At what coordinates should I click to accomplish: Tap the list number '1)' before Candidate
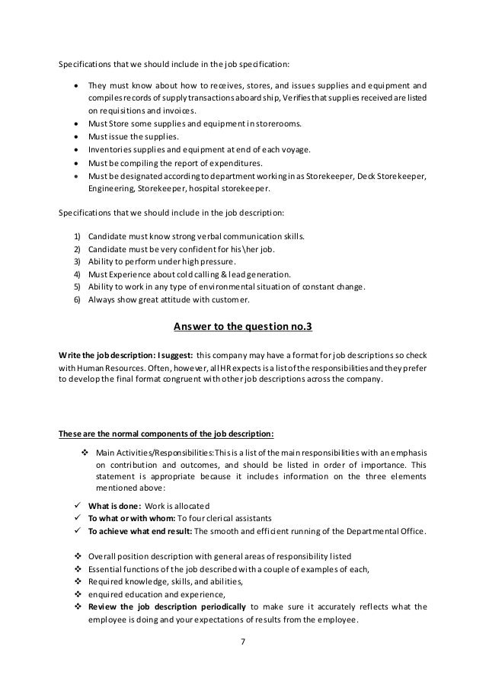tap(78, 237)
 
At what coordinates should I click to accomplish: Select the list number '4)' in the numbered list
tap(78, 273)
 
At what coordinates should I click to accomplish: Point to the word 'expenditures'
tap(233, 162)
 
